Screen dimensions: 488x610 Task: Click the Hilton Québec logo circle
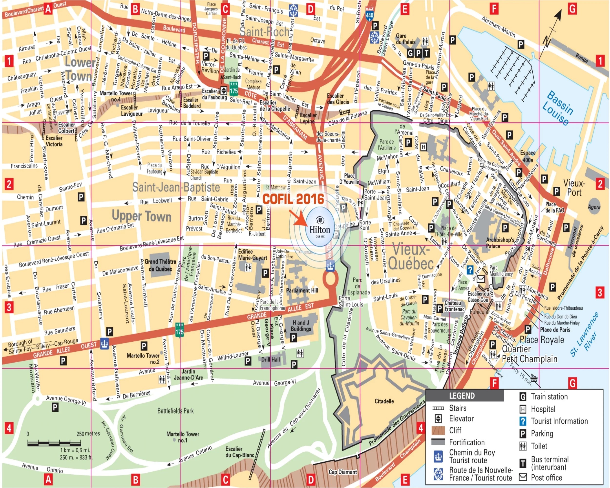tap(320, 227)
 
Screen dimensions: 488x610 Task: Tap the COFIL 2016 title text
tap(293, 199)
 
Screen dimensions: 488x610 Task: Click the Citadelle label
tap(384, 401)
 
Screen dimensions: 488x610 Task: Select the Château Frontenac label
tap(454, 306)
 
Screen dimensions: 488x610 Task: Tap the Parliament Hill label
tap(302, 290)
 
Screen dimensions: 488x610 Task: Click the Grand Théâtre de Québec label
tap(160, 265)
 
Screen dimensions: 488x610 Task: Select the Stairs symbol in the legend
tap(438, 408)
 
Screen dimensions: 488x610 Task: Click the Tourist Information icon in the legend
tap(523, 421)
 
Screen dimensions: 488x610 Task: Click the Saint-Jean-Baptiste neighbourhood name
tap(176, 187)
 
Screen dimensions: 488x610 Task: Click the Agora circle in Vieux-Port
tap(594, 207)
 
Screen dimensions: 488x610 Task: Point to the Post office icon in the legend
tap(523, 477)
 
